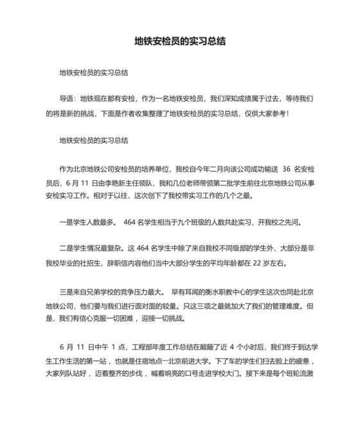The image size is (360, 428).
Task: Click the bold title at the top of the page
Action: tap(179, 41)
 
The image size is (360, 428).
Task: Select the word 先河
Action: tap(292, 223)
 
